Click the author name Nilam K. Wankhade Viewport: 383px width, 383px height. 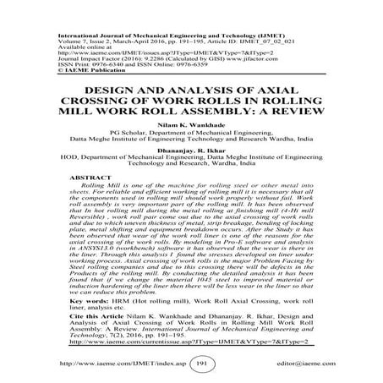pyautogui.click(x=191, y=124)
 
